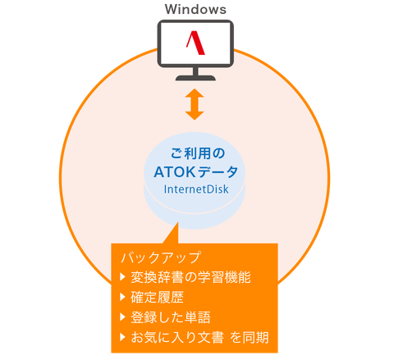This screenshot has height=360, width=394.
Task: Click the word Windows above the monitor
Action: tap(195, 9)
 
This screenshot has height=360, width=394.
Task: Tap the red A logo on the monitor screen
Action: tap(195, 43)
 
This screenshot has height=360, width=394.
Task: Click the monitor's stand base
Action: tap(195, 78)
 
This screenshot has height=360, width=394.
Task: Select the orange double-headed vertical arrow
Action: tap(195, 104)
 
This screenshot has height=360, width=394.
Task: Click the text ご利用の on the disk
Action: tap(198, 153)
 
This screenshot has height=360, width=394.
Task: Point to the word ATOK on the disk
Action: tap(175, 172)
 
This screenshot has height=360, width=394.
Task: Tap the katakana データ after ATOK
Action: tap(218, 172)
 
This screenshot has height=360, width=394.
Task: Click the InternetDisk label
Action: tap(196, 189)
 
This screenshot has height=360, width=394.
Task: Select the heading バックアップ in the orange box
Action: tap(161, 257)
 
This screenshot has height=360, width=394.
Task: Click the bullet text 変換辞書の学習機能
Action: tap(190, 277)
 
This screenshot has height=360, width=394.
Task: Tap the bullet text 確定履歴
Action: tap(157, 297)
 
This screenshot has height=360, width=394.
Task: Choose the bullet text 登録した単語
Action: tap(171, 317)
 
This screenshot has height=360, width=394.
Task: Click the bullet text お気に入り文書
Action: tap(177, 337)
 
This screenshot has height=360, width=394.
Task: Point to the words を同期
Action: tap(250, 337)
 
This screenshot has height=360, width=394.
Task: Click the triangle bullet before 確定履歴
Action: tap(122, 297)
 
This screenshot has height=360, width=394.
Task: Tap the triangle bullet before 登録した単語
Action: tap(122, 317)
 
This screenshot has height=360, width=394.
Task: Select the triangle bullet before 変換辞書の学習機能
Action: tap(122, 277)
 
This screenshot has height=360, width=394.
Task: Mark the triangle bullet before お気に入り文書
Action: tap(122, 337)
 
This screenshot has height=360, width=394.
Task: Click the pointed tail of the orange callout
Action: tap(178, 222)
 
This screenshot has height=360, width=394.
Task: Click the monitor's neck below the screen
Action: tap(195, 71)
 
